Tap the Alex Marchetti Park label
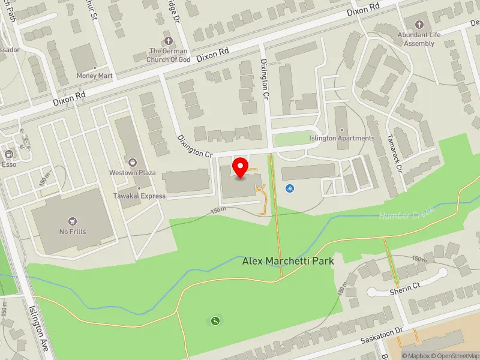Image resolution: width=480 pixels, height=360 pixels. click(x=288, y=261)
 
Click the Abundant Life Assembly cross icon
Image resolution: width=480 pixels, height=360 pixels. click(x=419, y=25)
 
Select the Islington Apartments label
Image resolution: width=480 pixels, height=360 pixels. click(x=341, y=138)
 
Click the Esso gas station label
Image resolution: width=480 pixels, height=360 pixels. click(x=9, y=163)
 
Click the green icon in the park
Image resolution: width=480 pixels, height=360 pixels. click(x=215, y=321)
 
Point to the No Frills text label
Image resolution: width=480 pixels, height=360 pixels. click(x=73, y=232)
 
